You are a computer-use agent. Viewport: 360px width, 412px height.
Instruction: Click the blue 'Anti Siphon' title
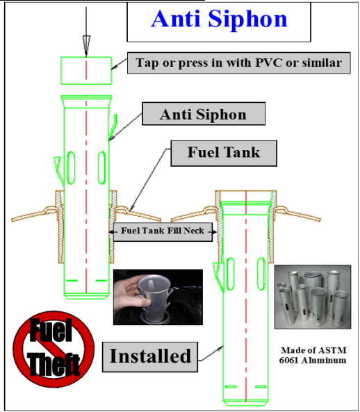point(218,19)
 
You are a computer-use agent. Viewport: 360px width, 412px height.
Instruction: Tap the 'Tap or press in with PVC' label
point(238,63)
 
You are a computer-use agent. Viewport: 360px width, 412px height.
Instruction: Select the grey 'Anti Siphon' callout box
point(203,115)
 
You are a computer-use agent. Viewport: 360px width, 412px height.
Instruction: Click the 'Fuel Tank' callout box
point(223,152)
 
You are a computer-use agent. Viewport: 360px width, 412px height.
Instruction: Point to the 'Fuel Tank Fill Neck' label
point(163,231)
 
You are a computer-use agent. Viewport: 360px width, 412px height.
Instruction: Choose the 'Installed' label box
point(150,356)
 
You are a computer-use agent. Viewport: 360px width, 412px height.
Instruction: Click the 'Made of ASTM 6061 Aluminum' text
point(313,355)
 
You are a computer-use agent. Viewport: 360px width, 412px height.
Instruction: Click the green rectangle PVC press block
point(86,70)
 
